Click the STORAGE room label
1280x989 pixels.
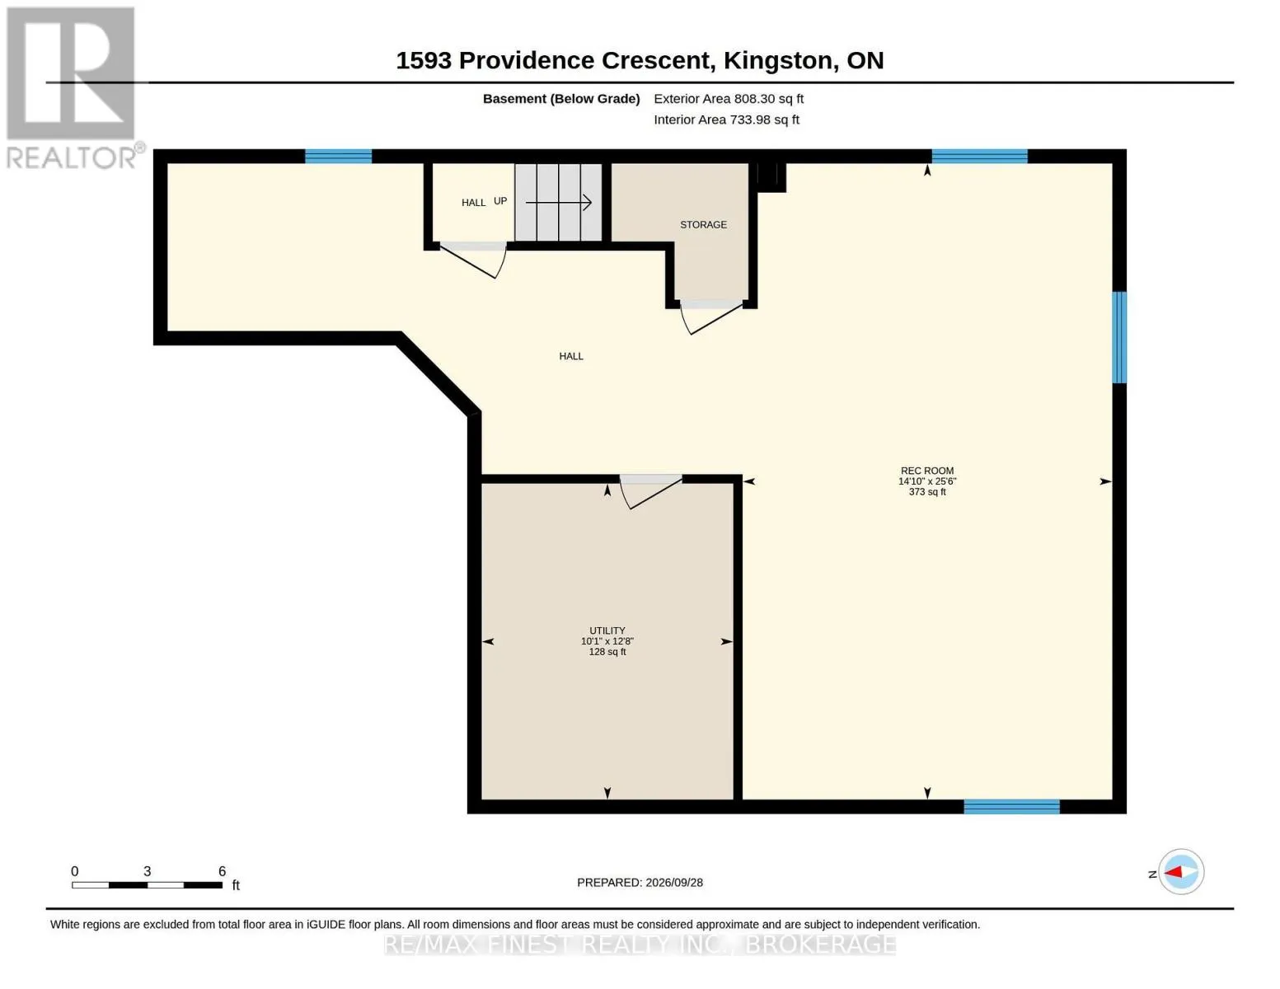click(703, 224)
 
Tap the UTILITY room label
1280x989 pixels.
click(607, 630)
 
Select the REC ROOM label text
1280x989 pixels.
click(927, 471)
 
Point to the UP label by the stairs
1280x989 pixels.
click(500, 201)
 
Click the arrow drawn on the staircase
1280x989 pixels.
click(559, 203)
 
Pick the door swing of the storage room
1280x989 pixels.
click(710, 318)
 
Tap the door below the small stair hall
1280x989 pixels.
click(473, 260)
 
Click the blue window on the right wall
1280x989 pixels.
click(1119, 337)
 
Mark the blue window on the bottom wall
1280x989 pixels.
click(1011, 806)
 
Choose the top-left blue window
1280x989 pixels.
click(338, 156)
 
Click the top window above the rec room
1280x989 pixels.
click(980, 156)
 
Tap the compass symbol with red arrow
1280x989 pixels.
click(1181, 872)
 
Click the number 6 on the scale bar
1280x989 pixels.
click(222, 871)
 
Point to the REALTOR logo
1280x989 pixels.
click(73, 88)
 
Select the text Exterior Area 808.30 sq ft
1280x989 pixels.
click(729, 99)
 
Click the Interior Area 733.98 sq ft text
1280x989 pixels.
click(726, 120)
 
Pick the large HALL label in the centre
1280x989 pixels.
click(571, 356)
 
